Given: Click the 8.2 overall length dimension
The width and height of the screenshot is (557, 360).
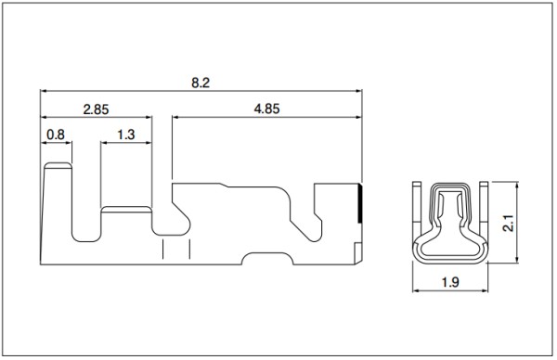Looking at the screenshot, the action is [201, 83].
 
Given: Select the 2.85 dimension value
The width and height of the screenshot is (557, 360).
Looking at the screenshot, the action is [96, 109].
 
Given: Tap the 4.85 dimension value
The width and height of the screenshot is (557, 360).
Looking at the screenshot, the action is [266, 109].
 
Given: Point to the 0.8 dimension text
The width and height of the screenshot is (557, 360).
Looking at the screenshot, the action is [56, 135].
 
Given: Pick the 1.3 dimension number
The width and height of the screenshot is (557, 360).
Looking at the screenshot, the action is [126, 135].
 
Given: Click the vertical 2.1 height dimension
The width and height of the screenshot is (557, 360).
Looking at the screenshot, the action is [509, 223].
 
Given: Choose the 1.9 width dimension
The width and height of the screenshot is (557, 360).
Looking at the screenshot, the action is [450, 282].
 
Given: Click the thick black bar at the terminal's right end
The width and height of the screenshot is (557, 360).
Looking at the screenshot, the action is [360, 203].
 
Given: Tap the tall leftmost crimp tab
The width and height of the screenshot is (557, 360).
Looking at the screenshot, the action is [57, 213].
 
